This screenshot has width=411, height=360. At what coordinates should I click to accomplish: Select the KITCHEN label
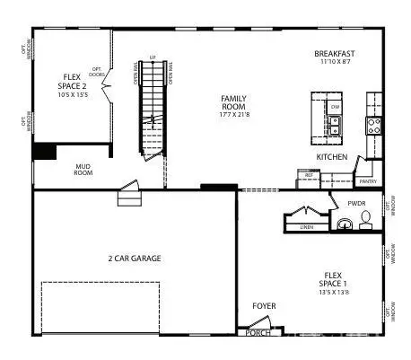coord(331,157)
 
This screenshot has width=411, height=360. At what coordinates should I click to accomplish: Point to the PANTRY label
coord(367,180)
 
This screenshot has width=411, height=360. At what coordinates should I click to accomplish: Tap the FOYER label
coord(263,306)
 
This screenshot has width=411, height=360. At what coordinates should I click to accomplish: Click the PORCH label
coord(258,331)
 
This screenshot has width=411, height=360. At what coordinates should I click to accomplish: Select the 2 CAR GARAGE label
coord(134,259)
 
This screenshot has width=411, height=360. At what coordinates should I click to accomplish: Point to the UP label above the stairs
coord(153,57)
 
